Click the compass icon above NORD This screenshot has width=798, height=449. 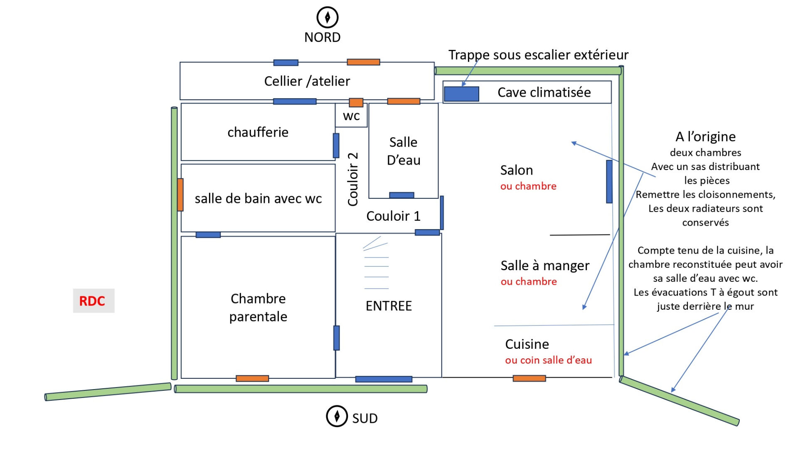pos(328,17)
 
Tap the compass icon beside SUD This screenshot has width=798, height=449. pos(337,416)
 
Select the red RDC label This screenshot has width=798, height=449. pos(92,301)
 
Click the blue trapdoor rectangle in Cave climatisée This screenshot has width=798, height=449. pos(461,94)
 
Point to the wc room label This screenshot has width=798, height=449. pos(351,116)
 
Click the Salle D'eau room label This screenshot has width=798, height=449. pos(404,151)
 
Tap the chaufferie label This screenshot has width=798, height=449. pos(258,132)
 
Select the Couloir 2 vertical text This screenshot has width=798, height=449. pos(353,179)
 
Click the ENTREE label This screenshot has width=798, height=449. pos(389,306)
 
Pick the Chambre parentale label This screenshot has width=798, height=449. pos(258,308)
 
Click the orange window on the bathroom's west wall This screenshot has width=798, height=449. pos(180,195)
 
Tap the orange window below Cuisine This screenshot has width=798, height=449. pos(529,378)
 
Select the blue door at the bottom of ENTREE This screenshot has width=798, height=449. pos(384,379)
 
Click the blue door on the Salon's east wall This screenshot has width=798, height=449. pos(609,182)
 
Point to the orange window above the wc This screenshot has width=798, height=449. pos(356,102)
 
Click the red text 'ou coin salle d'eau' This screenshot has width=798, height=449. pos(548,360)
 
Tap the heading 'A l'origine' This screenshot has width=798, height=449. pos(705,136)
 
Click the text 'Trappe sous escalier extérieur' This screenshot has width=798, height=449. pos(538,54)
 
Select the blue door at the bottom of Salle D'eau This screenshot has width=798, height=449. pos(401,195)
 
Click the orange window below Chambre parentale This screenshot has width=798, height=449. pos(252,378)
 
